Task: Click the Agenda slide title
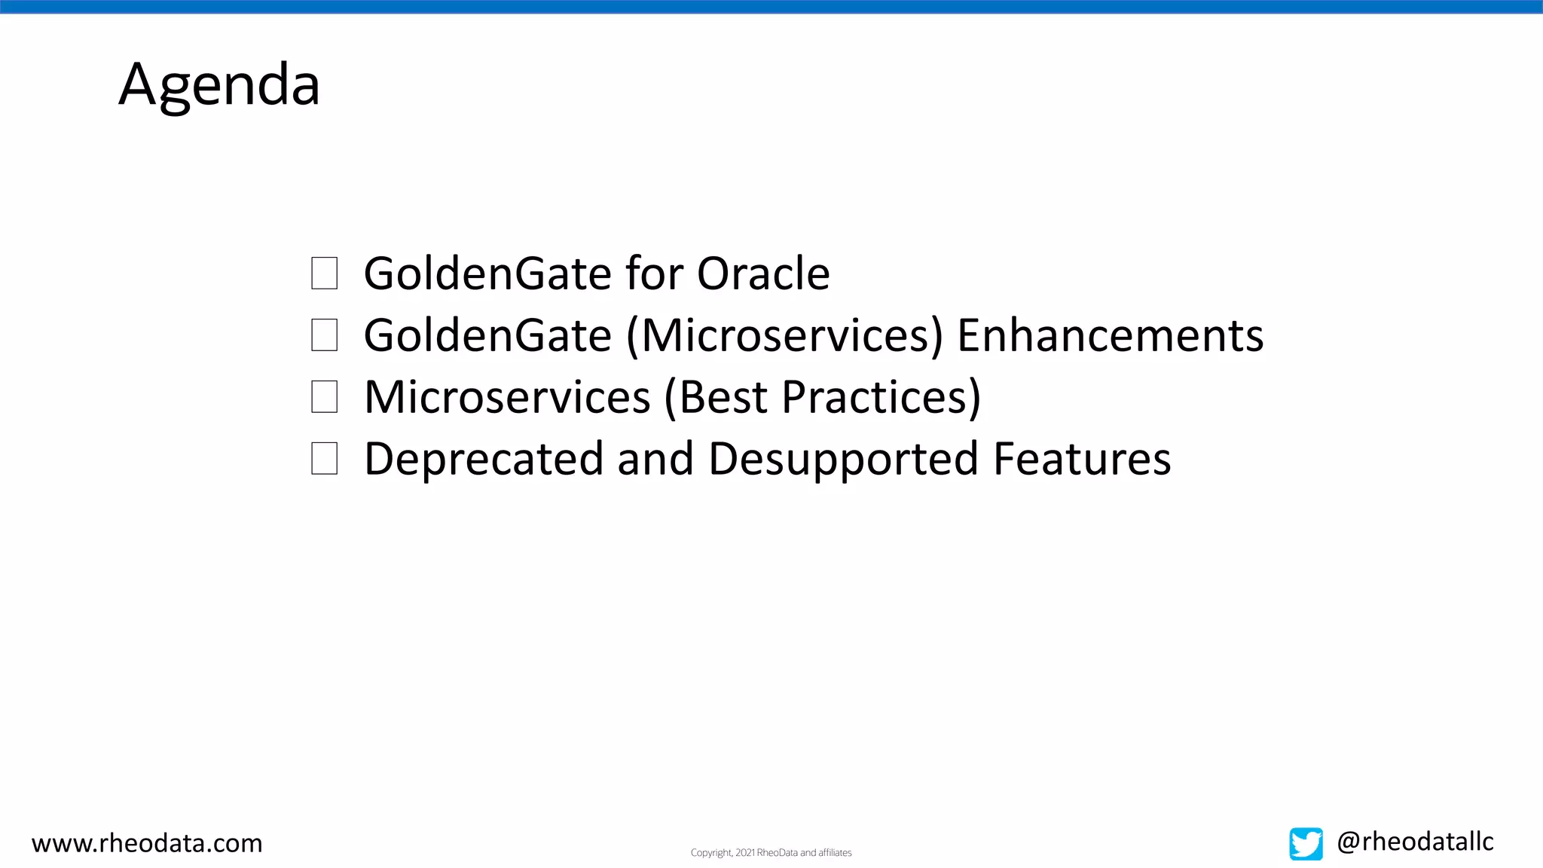point(219,84)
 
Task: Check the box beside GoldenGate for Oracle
point(324,273)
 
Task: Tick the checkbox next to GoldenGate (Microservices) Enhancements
point(324,335)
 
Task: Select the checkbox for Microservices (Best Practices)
point(324,397)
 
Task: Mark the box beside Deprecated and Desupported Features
point(324,459)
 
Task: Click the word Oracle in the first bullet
point(762,273)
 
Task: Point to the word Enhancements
point(1110,335)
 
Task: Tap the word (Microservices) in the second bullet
point(784,335)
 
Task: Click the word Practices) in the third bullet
point(881,397)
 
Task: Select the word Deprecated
point(484,459)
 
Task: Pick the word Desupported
point(844,459)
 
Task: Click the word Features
point(1082,459)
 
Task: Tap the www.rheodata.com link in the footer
point(147,843)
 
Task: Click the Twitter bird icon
point(1306,844)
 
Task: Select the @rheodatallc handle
point(1415,842)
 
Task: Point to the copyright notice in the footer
point(771,853)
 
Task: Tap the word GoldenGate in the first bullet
point(487,273)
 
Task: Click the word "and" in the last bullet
point(655,459)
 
